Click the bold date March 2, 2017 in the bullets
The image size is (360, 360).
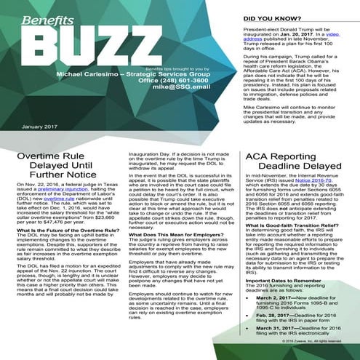coord(282,319)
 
